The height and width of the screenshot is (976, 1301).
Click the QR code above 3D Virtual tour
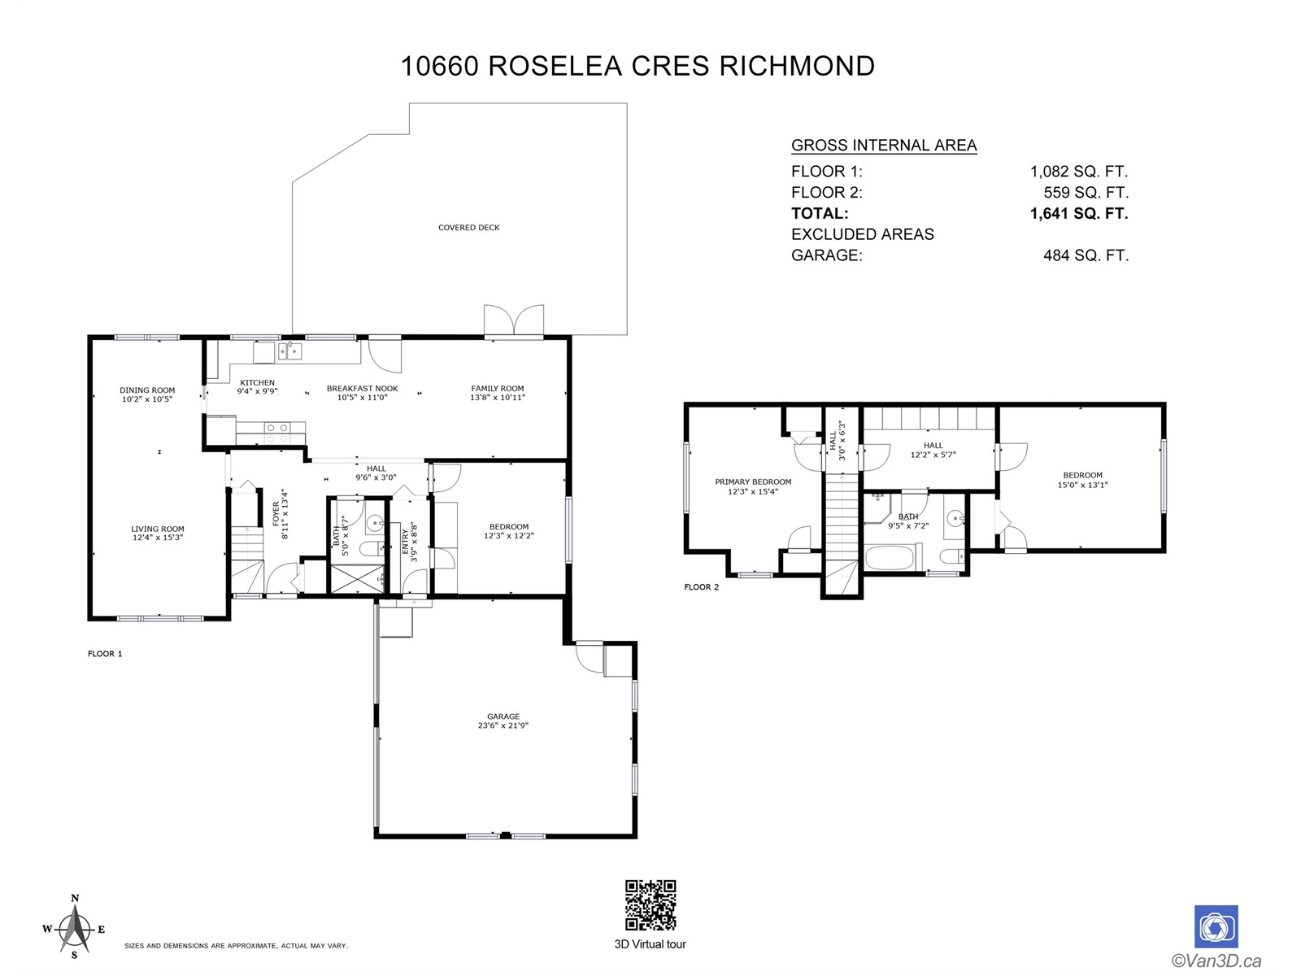click(x=650, y=905)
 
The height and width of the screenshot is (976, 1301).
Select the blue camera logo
click(x=1216, y=926)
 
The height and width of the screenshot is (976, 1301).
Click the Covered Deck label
click(x=469, y=228)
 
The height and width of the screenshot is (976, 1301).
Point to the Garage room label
click(x=503, y=721)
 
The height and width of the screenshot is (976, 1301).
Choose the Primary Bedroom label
click(x=753, y=486)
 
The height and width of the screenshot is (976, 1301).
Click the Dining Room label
click(x=147, y=394)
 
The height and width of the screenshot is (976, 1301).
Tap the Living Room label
click(x=158, y=534)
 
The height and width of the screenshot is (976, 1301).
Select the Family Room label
click(x=498, y=393)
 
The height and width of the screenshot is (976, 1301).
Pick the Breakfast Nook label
click(x=362, y=393)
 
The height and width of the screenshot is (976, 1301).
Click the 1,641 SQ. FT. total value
click(x=1079, y=213)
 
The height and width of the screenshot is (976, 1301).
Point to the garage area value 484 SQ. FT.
click(x=1086, y=255)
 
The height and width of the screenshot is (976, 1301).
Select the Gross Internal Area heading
click(x=884, y=146)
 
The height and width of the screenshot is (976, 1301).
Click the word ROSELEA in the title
click(x=555, y=66)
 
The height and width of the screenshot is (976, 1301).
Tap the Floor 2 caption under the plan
click(x=701, y=587)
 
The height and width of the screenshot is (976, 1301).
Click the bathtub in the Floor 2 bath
click(x=892, y=558)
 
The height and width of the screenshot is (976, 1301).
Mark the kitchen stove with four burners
click(x=276, y=433)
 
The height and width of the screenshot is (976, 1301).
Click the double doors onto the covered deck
click(x=514, y=321)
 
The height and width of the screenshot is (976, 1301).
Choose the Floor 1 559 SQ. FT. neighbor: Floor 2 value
click(x=1086, y=193)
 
